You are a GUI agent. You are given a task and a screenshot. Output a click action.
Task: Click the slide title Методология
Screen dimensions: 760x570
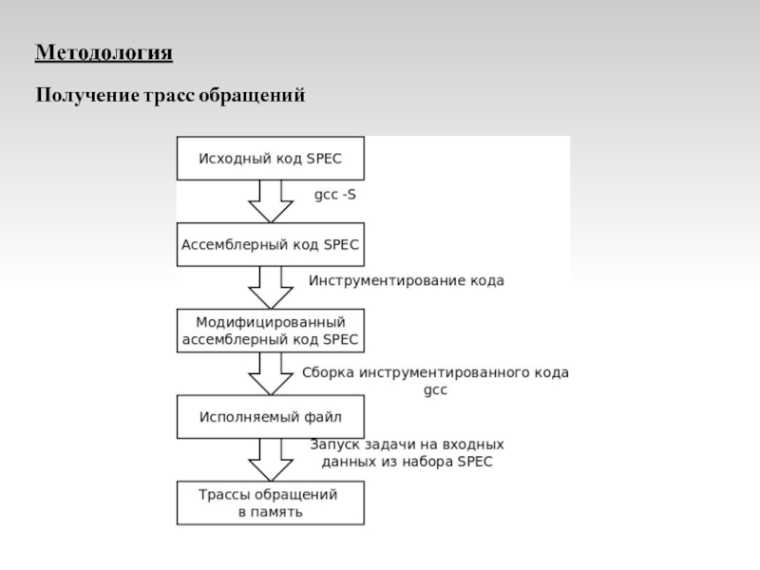[104, 52]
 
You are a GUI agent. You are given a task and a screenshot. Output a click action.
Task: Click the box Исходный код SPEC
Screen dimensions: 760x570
[271, 159]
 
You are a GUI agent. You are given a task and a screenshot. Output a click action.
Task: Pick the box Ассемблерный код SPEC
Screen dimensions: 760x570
[271, 244]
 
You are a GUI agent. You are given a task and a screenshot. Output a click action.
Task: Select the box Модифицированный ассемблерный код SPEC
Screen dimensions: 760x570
[271, 330]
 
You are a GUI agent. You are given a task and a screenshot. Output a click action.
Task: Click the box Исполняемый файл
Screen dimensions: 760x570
[271, 416]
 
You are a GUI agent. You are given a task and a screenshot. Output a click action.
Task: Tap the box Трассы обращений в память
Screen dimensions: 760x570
[271, 503]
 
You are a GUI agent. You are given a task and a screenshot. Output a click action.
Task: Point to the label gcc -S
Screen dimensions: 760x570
[335, 195]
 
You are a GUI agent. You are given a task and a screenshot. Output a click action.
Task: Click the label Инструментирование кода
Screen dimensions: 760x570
[406, 281]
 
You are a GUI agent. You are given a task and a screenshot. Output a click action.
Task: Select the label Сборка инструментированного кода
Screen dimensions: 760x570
[435, 373]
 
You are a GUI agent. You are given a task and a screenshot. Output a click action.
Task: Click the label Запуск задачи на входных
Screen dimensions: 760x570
[407, 444]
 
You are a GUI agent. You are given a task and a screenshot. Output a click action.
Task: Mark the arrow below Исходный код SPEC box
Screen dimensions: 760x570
[271, 201]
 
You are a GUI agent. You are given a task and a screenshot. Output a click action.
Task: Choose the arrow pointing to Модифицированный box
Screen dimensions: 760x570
[271, 287]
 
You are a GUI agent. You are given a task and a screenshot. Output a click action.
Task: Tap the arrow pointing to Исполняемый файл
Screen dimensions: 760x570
[271, 373]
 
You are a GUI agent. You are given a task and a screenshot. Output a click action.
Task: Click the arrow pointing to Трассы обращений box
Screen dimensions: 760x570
[271, 460]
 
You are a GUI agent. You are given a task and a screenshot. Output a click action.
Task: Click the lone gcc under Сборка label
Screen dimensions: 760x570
[434, 390]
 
